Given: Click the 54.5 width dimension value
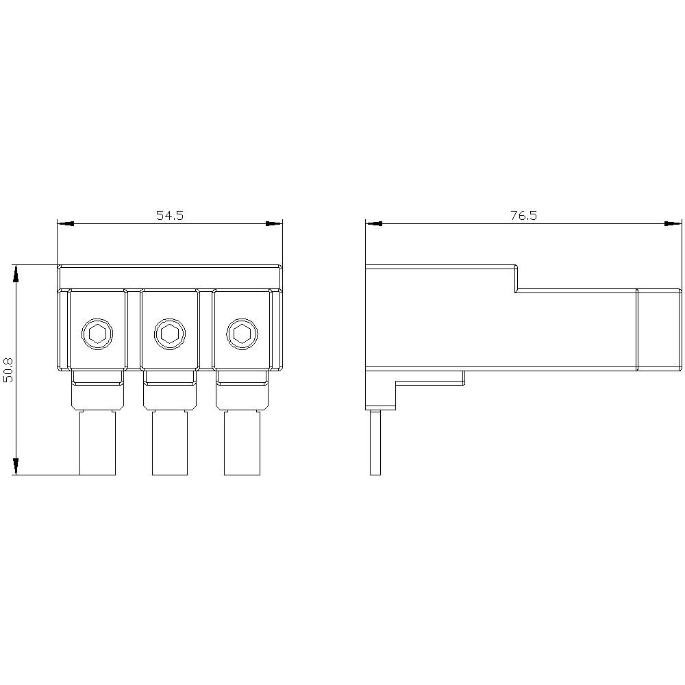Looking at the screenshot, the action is pos(170,215).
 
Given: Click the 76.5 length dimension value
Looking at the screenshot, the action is pos(523,215).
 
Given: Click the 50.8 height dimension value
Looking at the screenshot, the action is pos(8,370).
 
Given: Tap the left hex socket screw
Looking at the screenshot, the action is pos(97,334).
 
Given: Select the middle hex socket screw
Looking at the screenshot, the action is pos(169,334).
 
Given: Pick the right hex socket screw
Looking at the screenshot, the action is pos(242,334).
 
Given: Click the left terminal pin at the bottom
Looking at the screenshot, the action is pos(97,443).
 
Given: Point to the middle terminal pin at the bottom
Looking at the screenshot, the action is pos(170,443).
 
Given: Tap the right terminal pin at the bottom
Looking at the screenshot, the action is pos(242,443).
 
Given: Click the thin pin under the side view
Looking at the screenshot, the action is pos(375,443).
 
